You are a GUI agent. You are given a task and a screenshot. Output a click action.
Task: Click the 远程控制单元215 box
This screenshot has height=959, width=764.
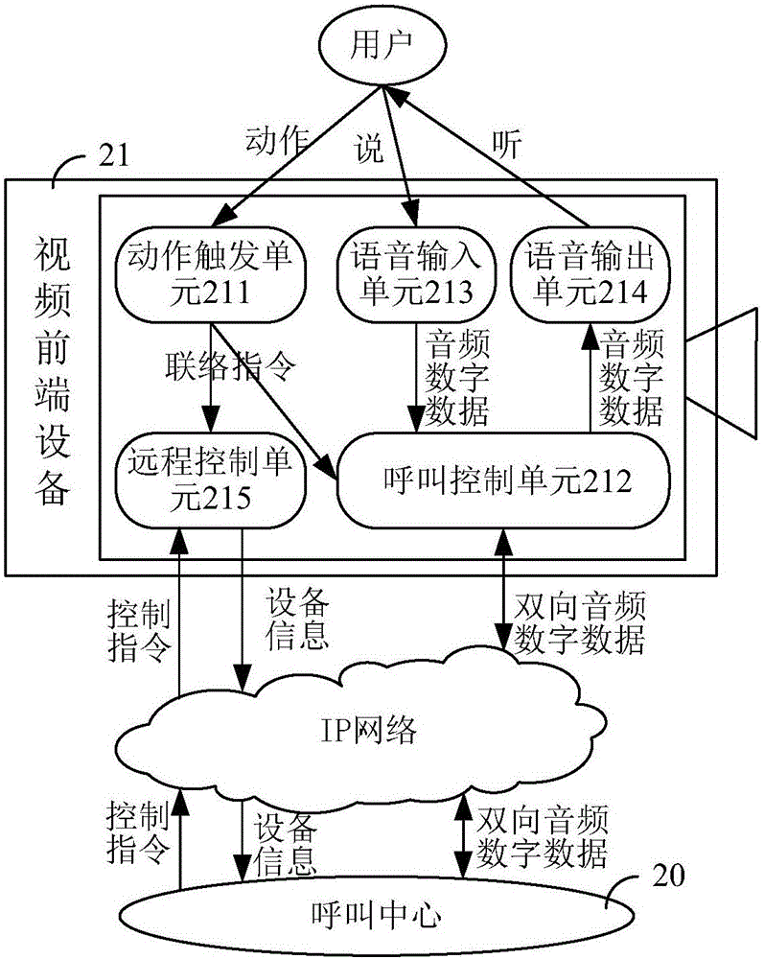coord(211,479)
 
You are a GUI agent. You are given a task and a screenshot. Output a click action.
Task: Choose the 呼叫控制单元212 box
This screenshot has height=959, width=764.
coord(503,479)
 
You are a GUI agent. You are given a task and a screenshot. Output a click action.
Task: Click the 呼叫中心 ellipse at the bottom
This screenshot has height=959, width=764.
coord(377,915)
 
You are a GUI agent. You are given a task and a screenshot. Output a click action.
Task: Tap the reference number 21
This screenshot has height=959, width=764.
coord(114,155)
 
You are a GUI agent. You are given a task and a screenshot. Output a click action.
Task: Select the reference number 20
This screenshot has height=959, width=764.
coord(668,876)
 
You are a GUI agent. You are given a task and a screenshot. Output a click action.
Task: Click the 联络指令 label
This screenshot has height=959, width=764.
coord(230,366)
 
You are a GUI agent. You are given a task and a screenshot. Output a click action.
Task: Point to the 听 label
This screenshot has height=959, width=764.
coord(507,145)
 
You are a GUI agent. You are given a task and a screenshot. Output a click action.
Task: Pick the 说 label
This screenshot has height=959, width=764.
coord(370,148)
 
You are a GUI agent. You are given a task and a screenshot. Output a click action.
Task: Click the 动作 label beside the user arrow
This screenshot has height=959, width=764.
coord(276,141)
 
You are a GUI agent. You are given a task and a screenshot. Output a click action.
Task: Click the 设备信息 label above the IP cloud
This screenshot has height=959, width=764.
coord(297,619)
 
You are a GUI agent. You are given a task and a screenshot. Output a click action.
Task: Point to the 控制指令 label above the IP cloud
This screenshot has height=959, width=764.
coord(139,631)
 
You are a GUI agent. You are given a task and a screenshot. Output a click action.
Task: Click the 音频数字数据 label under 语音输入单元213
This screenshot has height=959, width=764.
coord(457,377)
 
